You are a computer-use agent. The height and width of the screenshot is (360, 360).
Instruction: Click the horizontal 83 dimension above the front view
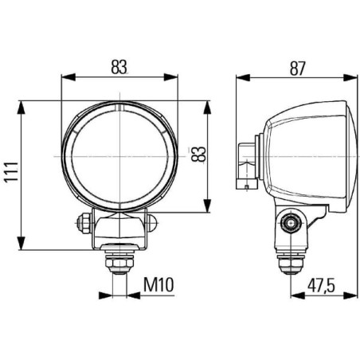pos(119,67)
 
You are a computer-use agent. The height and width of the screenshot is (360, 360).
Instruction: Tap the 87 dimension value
pos(298,68)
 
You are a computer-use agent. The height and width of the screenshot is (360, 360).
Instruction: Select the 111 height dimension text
pos(11,171)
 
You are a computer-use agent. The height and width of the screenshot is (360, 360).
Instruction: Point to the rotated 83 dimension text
pos(198,154)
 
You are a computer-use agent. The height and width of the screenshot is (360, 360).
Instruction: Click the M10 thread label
pos(158,284)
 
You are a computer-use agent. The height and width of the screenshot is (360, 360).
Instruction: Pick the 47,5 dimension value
pos(321,285)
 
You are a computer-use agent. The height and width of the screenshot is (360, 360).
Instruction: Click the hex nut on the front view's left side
pos(84,223)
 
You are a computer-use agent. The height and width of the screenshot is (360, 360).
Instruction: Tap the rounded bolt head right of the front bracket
pos(152,223)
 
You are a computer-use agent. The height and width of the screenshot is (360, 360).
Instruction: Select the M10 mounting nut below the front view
pos(119,262)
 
